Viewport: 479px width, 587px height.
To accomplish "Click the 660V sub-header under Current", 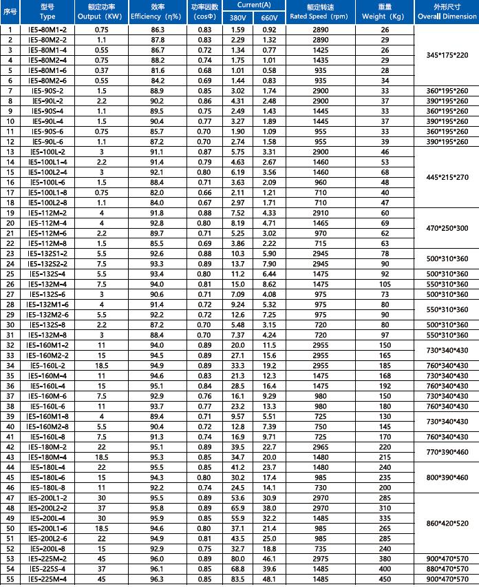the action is coord(270,17).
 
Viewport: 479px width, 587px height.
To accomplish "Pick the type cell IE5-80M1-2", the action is coord(47,30).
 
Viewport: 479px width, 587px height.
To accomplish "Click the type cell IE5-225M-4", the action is coord(47,579).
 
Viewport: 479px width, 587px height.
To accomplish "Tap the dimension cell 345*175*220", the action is coord(447,55).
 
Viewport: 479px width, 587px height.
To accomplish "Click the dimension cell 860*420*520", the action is coord(447,524).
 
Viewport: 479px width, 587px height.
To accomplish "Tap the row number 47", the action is coord(10,497).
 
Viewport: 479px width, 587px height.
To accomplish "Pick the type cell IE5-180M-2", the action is coord(47,446).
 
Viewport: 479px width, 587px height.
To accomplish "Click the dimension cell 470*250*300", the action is coord(447,227).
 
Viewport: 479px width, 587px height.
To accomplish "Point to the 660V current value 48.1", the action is coord(270,579).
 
